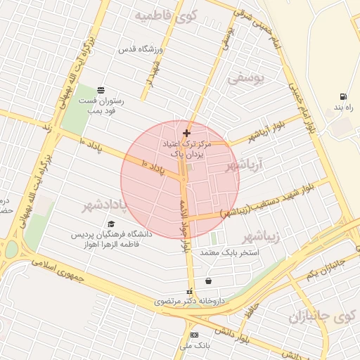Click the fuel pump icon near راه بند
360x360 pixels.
click(x=342, y=96)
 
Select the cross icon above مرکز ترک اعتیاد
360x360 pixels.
click(x=186, y=133)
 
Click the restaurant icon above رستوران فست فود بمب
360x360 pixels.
click(x=101, y=90)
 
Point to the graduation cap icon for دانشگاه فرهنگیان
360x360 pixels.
click(x=111, y=224)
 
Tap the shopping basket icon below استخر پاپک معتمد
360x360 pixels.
click(x=208, y=281)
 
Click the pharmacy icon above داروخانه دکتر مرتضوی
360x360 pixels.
click(x=188, y=291)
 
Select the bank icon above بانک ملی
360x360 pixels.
click(x=194, y=335)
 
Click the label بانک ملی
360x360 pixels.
click(x=194, y=347)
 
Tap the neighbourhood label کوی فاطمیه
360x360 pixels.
click(x=167, y=15)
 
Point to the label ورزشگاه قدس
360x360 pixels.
click(x=140, y=49)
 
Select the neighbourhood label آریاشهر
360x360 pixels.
click(x=243, y=165)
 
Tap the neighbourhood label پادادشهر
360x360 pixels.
click(x=107, y=205)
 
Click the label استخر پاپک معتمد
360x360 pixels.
click(x=230, y=252)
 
